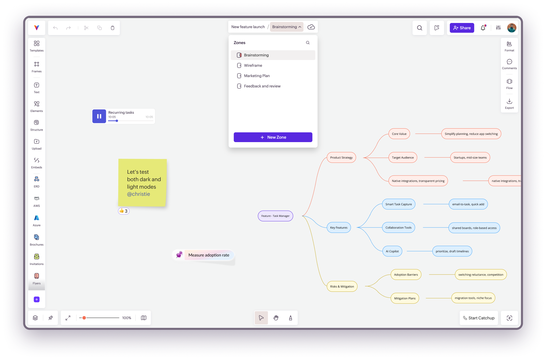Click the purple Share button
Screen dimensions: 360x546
pyautogui.click(x=462, y=28)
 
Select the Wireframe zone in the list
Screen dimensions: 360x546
pyautogui.click(x=253, y=65)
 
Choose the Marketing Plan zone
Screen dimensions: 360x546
pyautogui.click(x=257, y=76)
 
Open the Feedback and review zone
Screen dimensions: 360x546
pyautogui.click(x=262, y=86)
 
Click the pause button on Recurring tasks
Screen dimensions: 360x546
pyautogui.click(x=99, y=116)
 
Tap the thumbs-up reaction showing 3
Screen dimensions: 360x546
pyautogui.click(x=124, y=211)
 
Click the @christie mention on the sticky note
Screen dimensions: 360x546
pyautogui.click(x=138, y=194)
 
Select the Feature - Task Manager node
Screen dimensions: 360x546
pyautogui.click(x=275, y=216)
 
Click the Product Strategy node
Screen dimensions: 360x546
pyautogui.click(x=341, y=158)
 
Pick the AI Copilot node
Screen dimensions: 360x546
pyautogui.click(x=392, y=251)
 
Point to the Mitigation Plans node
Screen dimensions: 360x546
pyautogui.click(x=405, y=298)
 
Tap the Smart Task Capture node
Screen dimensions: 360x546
pyautogui.click(x=398, y=204)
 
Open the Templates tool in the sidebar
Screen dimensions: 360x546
pyautogui.click(x=36, y=46)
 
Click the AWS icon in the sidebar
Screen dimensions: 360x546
pyautogui.click(x=36, y=201)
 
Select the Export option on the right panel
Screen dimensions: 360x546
pyautogui.click(x=509, y=104)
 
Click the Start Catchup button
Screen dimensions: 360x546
pyautogui.click(x=479, y=318)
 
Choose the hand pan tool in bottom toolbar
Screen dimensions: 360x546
pyautogui.click(x=276, y=318)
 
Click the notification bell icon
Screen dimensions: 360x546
pyautogui.click(x=483, y=28)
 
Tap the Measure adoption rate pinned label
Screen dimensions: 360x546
pyautogui.click(x=209, y=255)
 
